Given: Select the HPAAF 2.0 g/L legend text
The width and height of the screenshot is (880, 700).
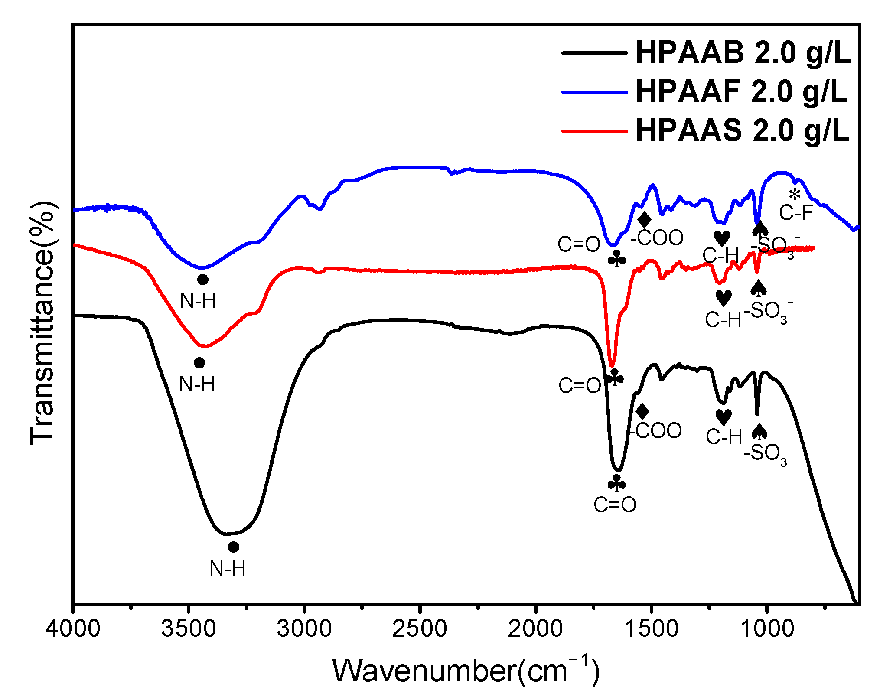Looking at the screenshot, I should tap(741, 91).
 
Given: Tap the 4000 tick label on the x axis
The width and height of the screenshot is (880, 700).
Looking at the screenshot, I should tap(73, 628).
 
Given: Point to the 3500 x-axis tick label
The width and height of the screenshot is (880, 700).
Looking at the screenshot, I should tap(189, 628).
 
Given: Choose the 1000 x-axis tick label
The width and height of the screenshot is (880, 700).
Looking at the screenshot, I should tap(767, 628).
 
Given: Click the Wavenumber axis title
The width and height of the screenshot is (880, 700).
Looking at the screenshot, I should tap(466, 671).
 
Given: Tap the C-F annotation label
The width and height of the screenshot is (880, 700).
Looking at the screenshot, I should tap(795, 213).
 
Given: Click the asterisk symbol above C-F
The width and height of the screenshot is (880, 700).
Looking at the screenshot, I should tap(794, 195).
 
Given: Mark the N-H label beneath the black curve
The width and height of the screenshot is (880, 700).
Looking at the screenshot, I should tap(228, 569).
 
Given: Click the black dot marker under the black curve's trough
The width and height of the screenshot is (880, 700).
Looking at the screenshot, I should tap(234, 547).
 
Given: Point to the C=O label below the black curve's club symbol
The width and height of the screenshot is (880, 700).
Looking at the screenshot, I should tap(615, 505).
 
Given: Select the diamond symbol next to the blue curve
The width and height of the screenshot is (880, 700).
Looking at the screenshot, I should tap(645, 220).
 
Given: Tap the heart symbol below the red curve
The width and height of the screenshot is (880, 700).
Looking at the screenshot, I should tap(724, 298).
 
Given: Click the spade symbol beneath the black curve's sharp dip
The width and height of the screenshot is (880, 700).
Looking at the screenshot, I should tap(759, 432).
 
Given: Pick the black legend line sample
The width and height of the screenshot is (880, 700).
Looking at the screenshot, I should tap(594, 53).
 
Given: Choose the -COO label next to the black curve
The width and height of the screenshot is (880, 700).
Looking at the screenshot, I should tap(656, 431).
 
